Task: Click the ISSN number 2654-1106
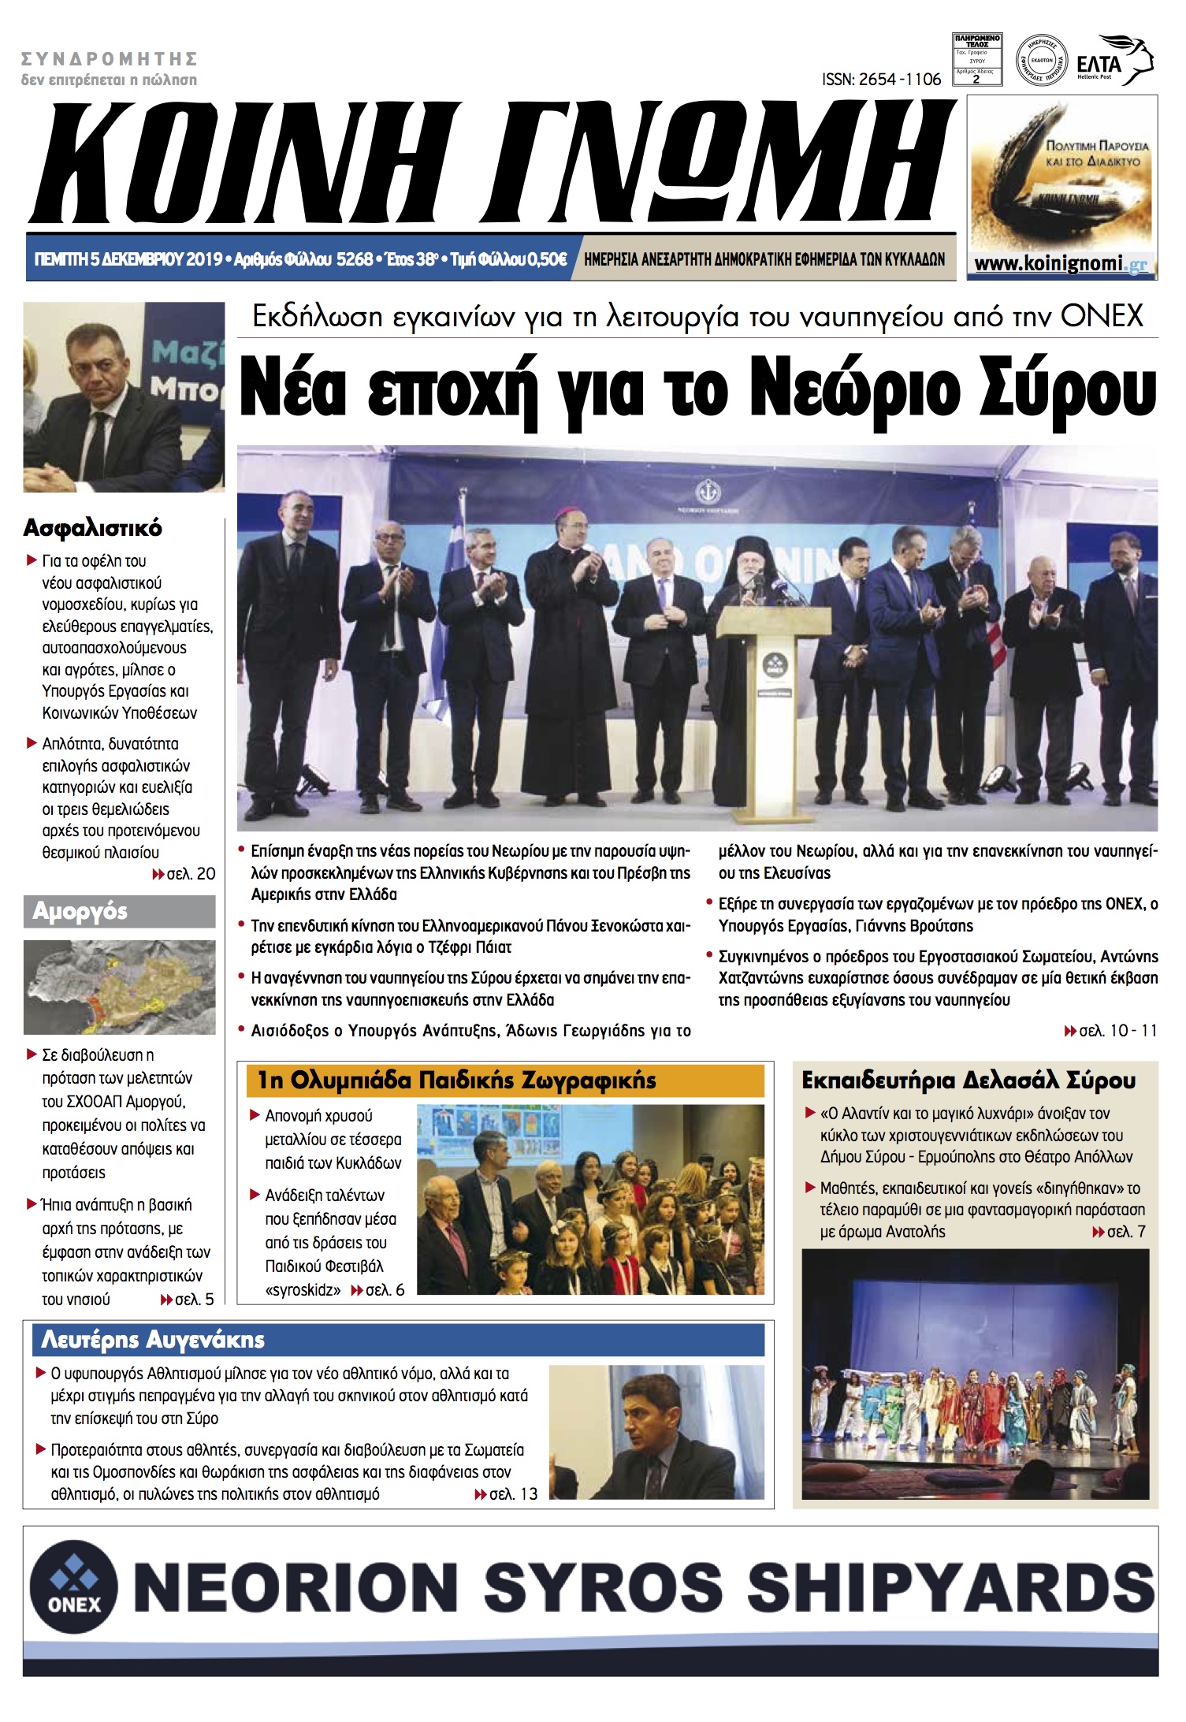point(881,79)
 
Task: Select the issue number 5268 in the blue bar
point(354,259)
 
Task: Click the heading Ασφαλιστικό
point(93,527)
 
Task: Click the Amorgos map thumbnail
point(119,987)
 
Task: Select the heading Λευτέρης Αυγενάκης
point(153,1340)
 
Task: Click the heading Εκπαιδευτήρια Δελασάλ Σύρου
point(969,1080)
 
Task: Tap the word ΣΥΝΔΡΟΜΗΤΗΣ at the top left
point(110,59)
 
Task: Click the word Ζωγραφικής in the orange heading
point(587,1080)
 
